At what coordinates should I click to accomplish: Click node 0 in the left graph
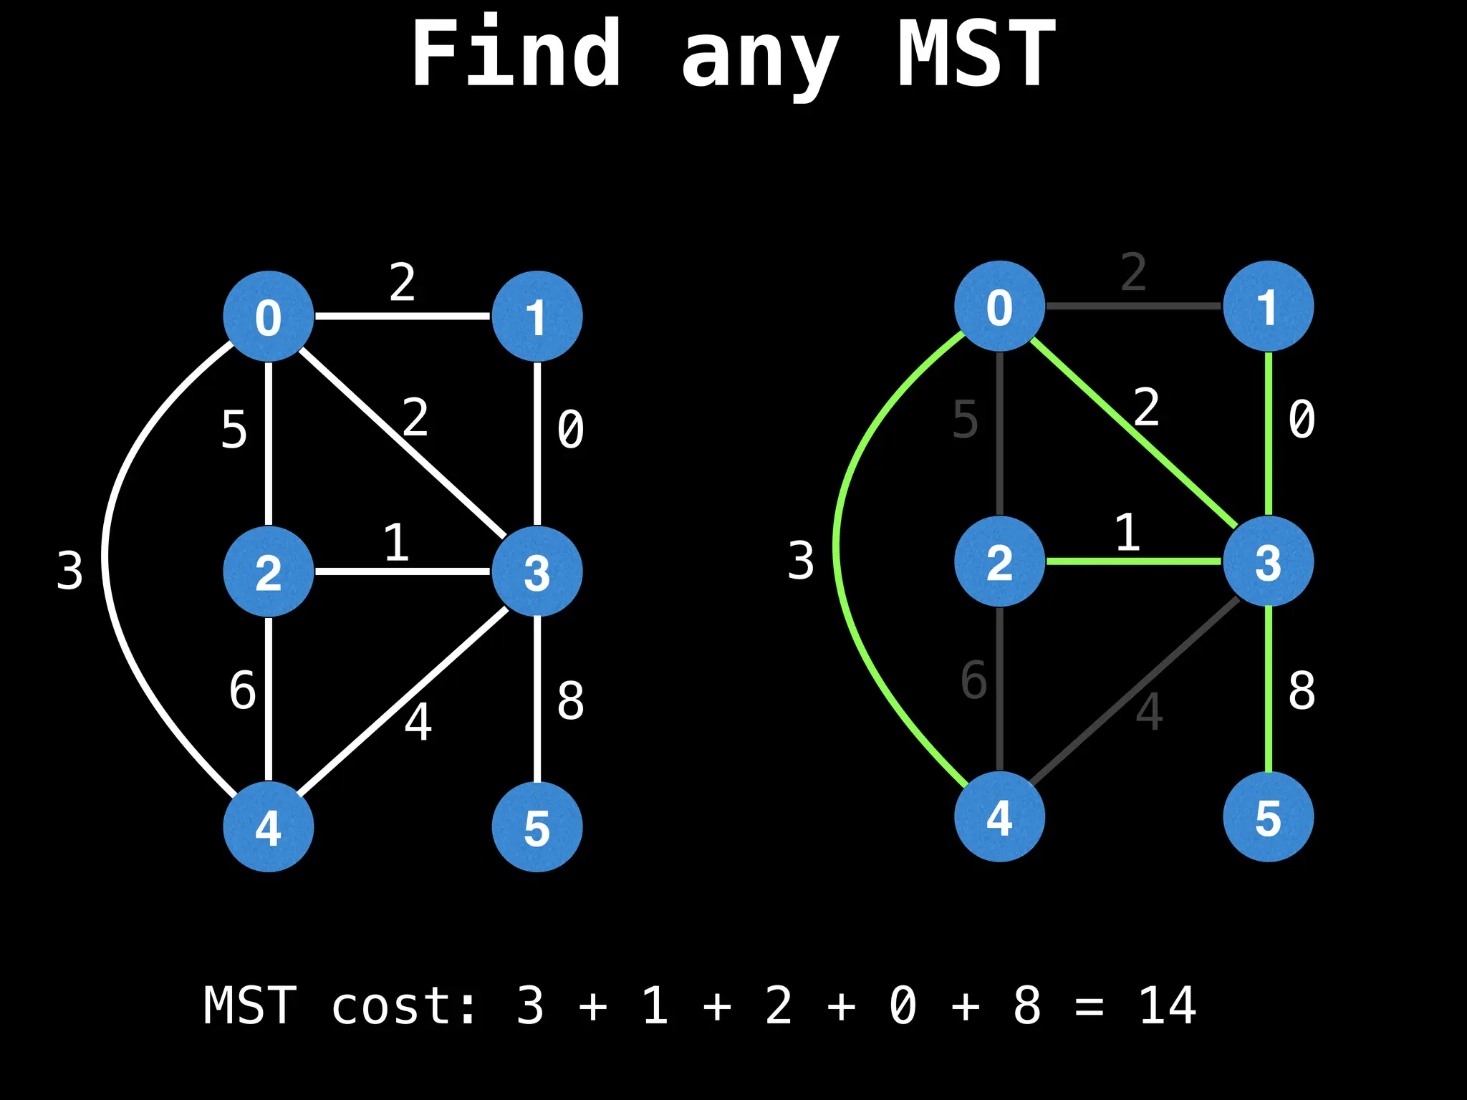(x=268, y=316)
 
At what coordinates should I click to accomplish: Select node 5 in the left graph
(x=537, y=826)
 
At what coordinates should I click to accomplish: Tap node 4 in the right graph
(x=999, y=816)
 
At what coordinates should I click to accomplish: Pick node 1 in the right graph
(x=1268, y=306)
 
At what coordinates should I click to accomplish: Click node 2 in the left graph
(x=268, y=571)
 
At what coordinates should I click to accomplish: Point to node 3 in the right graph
(x=1268, y=561)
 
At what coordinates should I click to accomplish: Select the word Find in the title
(x=516, y=54)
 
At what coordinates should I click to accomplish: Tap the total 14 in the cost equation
(x=1167, y=1006)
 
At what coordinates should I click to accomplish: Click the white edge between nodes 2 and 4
(x=269, y=698)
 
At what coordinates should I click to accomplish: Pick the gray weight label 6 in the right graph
(x=973, y=679)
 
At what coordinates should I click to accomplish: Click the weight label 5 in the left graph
(x=234, y=430)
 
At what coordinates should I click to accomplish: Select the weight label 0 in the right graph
(x=1302, y=419)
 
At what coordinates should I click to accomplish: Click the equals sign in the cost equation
(x=1089, y=1006)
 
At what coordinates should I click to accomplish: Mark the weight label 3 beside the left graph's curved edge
(x=69, y=571)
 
